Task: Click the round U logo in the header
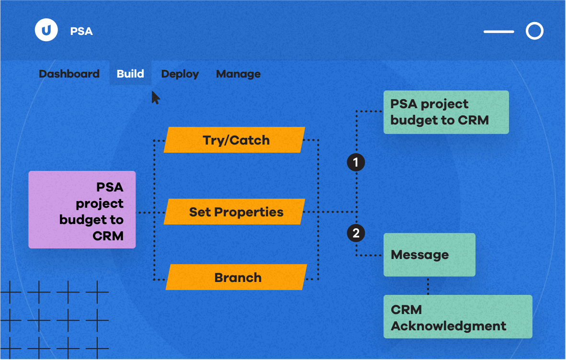(x=46, y=30)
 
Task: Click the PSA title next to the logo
(x=81, y=32)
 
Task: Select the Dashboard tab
(x=69, y=74)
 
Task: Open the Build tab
(x=130, y=74)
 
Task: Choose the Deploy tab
(x=180, y=74)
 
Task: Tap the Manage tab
(x=238, y=74)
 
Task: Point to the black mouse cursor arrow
(x=155, y=97)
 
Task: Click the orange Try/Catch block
(x=235, y=140)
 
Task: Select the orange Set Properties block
(x=235, y=212)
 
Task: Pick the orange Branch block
(x=237, y=277)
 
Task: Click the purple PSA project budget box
(x=82, y=210)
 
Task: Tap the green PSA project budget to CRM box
(x=446, y=112)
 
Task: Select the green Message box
(x=429, y=255)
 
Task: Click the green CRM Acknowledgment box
(x=458, y=316)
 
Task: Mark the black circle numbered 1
(x=356, y=162)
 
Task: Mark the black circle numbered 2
(x=356, y=233)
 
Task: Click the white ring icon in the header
(x=534, y=31)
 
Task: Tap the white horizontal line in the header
(x=499, y=32)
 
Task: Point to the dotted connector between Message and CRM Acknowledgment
(x=428, y=286)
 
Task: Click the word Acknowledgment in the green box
(x=448, y=326)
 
